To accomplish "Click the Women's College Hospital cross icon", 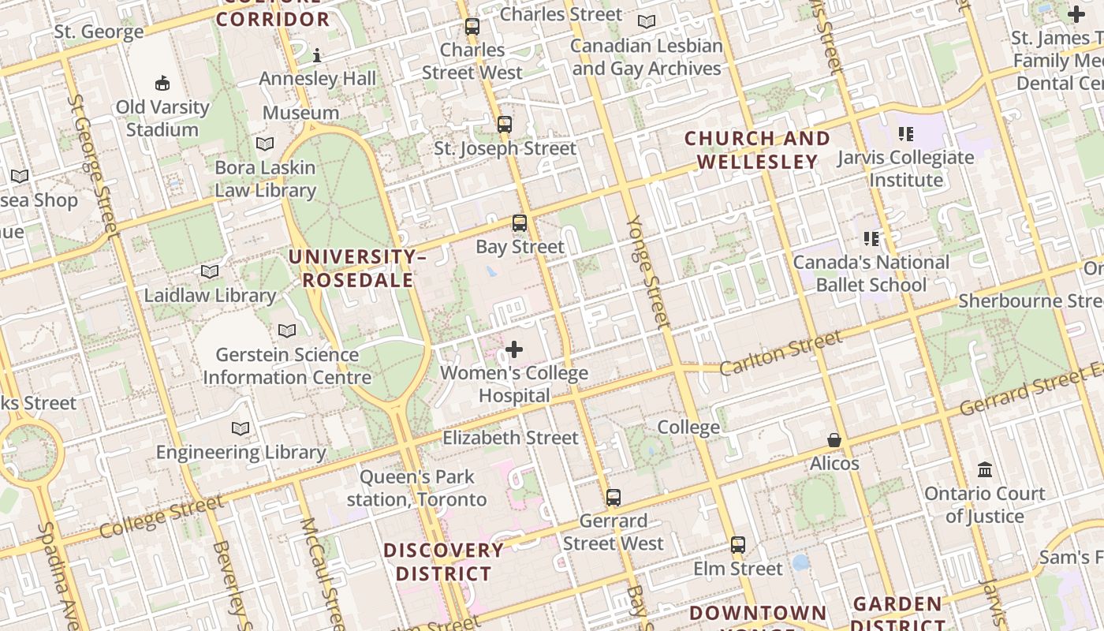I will pyautogui.click(x=514, y=349).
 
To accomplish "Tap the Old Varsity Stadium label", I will pyautogui.click(x=162, y=118).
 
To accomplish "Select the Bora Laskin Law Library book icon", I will pyautogui.click(x=265, y=144).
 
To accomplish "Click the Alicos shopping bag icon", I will pyautogui.click(x=834, y=439).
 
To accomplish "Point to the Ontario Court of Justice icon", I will pyautogui.click(x=985, y=469).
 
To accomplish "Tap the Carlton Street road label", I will pyautogui.click(x=781, y=353).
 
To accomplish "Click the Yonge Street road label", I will pyautogui.click(x=647, y=272).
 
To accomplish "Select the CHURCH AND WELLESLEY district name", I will pyautogui.click(x=757, y=150).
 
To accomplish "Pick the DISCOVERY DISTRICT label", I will pyautogui.click(x=443, y=562).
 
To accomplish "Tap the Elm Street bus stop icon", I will pyautogui.click(x=738, y=544).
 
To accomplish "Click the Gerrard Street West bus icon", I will pyautogui.click(x=614, y=497).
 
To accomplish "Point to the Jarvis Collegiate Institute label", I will pyautogui.click(x=906, y=168).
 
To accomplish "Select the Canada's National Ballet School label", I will pyautogui.click(x=871, y=273).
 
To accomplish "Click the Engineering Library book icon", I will pyautogui.click(x=241, y=428).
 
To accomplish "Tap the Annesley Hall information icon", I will pyautogui.click(x=317, y=55).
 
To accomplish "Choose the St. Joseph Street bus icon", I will pyautogui.click(x=505, y=124).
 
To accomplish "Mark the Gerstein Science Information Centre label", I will pyautogui.click(x=287, y=366).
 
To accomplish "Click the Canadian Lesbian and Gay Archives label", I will pyautogui.click(x=647, y=57).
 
